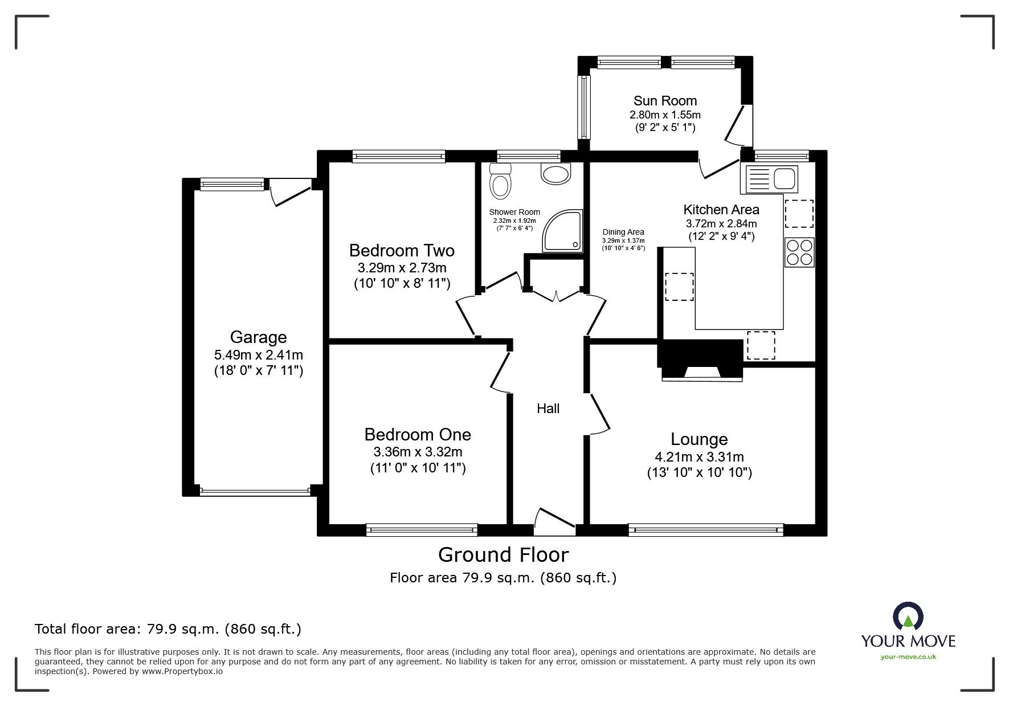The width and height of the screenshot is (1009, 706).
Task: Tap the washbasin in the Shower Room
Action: point(555,174)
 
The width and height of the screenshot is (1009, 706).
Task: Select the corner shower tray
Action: point(563,231)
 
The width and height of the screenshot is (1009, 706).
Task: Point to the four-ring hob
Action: point(799,252)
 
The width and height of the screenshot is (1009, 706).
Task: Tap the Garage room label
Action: point(258,337)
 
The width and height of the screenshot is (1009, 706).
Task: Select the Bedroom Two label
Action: point(402,251)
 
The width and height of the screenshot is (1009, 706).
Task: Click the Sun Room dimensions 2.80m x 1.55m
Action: point(665,115)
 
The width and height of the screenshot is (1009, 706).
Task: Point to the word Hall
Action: point(548,409)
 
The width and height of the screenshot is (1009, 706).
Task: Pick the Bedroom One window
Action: point(422,530)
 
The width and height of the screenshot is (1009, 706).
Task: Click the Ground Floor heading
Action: point(503,554)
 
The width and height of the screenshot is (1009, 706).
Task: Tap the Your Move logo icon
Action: point(908,617)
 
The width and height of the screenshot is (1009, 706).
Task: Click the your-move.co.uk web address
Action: point(908,657)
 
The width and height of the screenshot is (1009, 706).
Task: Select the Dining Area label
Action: point(623,232)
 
